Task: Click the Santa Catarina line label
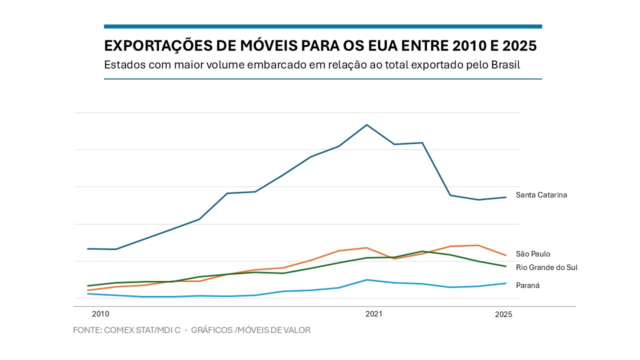(541, 195)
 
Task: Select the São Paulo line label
(533, 254)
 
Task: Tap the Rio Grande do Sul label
(546, 267)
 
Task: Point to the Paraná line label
(527, 285)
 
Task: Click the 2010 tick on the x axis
(100, 314)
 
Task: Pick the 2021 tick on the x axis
(374, 314)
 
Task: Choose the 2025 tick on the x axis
(503, 314)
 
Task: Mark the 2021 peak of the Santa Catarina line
(367, 124)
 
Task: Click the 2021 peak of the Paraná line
(367, 279)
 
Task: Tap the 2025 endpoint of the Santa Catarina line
(506, 197)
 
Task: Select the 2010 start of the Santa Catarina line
(88, 248)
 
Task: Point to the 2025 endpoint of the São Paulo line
(506, 255)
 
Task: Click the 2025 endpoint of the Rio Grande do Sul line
(506, 266)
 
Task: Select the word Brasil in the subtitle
(505, 65)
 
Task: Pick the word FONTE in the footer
(87, 330)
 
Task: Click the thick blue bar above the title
(322, 26)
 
